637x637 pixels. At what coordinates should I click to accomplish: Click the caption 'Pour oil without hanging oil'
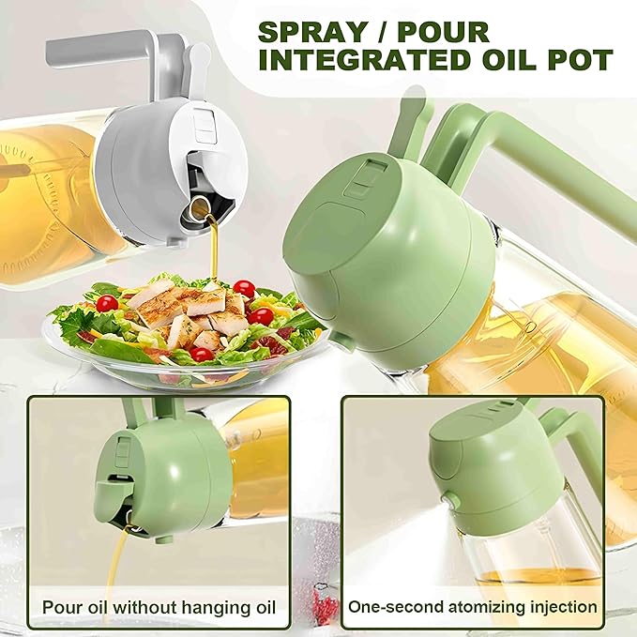[x=159, y=606]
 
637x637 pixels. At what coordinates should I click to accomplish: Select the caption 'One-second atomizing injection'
[x=472, y=606]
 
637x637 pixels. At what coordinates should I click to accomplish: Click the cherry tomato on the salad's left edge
[x=107, y=303]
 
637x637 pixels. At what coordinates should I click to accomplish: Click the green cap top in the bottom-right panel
[x=474, y=427]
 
